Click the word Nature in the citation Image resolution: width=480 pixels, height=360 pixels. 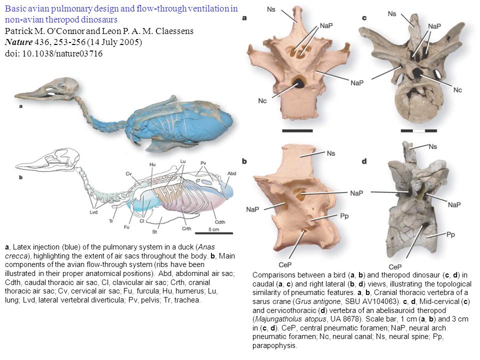[x=18, y=42]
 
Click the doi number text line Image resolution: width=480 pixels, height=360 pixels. [x=54, y=53]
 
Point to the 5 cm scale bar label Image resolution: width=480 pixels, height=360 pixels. [x=213, y=229]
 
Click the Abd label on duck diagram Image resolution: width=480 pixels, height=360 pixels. [x=231, y=173]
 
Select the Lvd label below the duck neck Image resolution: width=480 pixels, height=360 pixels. [x=93, y=212]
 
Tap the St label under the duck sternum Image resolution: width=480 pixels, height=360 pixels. [x=154, y=231]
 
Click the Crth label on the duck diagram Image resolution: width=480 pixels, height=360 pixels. [x=186, y=228]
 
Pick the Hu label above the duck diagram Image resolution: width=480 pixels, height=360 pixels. [x=152, y=164]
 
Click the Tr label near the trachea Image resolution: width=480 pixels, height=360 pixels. [x=111, y=221]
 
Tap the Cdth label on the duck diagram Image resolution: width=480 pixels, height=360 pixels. [x=220, y=222]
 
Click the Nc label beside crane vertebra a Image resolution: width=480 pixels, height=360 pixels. [x=262, y=100]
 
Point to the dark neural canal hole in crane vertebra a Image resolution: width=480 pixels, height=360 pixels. [x=297, y=82]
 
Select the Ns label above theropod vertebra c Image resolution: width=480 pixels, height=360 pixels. [x=392, y=14]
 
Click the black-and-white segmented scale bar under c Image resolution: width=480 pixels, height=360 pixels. [x=419, y=130]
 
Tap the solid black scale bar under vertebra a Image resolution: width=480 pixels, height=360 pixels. [x=297, y=130]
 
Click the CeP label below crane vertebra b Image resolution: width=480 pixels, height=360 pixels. [x=285, y=264]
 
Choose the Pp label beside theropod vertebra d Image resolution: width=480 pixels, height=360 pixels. [x=450, y=235]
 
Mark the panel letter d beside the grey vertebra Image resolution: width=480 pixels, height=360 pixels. [x=364, y=161]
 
